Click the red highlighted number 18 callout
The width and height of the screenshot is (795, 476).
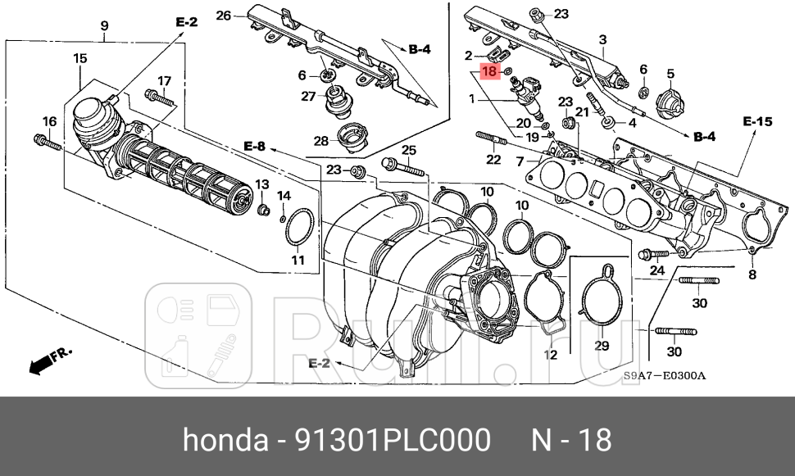489,71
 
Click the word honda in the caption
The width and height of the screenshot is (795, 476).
220,440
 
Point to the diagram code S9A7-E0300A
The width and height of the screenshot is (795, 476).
664,377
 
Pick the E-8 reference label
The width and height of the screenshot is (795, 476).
254,147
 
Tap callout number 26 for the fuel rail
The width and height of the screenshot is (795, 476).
224,15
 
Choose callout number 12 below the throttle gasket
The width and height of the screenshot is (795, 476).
550,355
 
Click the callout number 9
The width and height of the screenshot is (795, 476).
104,26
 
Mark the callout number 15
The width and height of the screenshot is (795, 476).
79,58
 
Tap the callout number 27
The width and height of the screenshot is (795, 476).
307,97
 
